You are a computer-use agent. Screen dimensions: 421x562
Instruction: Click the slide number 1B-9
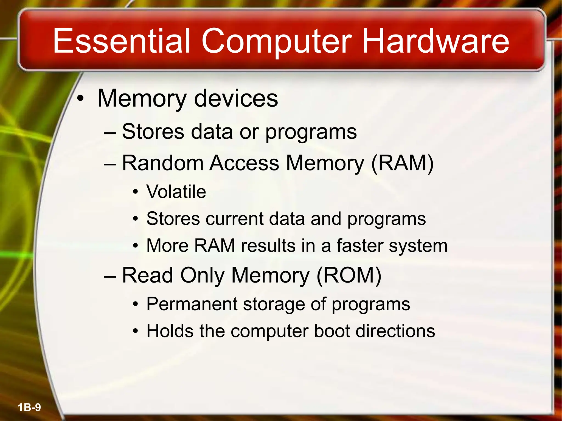tap(29, 407)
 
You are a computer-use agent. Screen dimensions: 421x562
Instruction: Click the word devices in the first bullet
tap(236, 99)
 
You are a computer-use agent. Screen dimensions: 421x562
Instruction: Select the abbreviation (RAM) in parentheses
tap(402, 163)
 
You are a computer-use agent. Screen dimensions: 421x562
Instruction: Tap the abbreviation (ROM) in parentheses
tap(349, 275)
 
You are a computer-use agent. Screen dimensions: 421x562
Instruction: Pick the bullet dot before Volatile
tap(135, 192)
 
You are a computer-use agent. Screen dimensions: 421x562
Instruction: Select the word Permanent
tap(192, 304)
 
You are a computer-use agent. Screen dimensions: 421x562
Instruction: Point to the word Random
tap(162, 163)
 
